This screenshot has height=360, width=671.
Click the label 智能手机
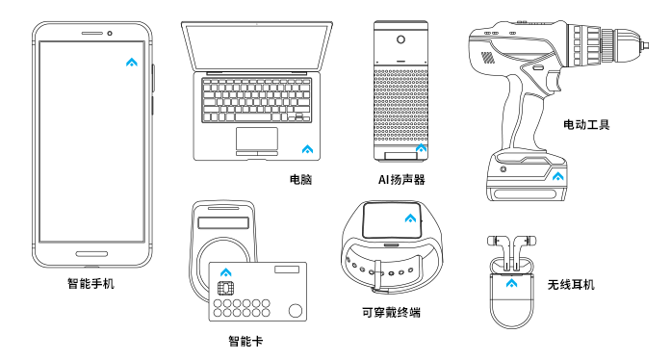(90, 283)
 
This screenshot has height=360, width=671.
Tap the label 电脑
(300, 179)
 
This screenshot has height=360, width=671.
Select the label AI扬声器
(401, 179)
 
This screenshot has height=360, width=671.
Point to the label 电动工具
(586, 124)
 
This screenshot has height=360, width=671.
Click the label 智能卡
(245, 341)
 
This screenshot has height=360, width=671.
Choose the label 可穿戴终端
(391, 313)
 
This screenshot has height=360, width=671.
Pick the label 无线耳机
(571, 285)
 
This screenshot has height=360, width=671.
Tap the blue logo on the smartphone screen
(132, 63)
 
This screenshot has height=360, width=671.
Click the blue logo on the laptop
(307, 149)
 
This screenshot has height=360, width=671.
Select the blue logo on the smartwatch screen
(410, 219)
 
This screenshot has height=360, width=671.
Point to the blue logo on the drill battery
(557, 176)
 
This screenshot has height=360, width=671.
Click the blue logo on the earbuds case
(511, 283)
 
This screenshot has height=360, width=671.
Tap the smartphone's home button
(91, 254)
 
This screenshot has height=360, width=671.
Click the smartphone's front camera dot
(110, 34)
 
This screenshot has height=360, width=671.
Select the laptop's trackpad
(257, 139)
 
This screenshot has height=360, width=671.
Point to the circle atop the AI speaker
(401, 39)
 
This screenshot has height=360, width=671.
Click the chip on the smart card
(225, 288)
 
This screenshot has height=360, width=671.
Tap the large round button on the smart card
(296, 310)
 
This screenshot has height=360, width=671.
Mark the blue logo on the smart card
(226, 272)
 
